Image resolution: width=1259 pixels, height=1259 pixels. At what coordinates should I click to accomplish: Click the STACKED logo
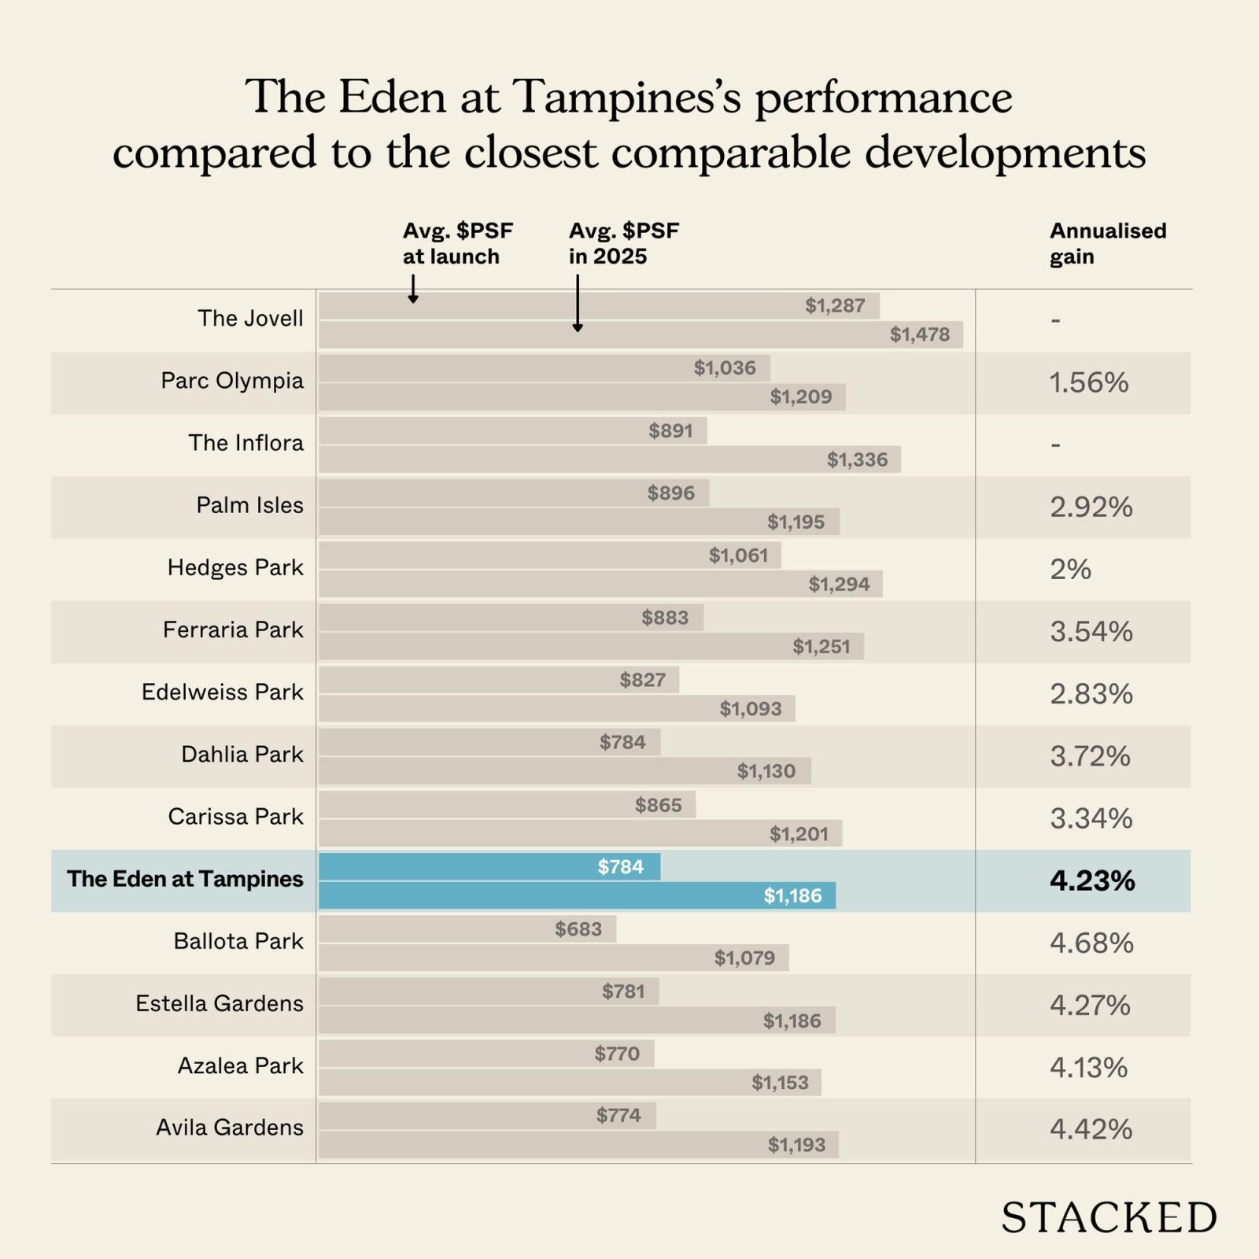[1108, 1218]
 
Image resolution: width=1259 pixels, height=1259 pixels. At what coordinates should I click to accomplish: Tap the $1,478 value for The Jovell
[919, 334]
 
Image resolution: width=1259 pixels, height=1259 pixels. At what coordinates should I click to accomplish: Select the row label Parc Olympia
[231, 381]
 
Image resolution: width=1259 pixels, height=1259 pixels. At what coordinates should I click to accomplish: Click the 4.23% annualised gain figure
[1091, 881]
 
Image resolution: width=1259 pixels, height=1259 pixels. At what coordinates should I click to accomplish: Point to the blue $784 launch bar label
[620, 867]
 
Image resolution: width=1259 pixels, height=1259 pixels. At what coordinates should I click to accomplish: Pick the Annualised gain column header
[1107, 243]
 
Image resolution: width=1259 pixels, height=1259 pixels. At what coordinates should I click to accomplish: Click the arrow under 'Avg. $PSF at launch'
[413, 289]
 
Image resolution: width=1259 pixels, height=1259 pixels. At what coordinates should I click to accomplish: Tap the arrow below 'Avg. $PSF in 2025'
[578, 304]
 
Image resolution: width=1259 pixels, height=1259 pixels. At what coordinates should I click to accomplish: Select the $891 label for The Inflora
[670, 431]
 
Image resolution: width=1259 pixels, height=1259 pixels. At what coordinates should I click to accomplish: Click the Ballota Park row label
[238, 941]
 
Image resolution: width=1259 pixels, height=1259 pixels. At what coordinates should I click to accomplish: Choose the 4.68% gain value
[1091, 943]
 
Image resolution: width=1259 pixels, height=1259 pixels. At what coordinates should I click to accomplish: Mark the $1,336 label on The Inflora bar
[857, 460]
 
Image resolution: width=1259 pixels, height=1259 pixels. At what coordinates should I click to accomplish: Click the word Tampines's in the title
[627, 98]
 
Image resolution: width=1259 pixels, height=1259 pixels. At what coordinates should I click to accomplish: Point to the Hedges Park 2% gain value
[1070, 569]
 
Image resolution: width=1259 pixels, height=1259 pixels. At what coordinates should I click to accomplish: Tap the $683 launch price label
[578, 929]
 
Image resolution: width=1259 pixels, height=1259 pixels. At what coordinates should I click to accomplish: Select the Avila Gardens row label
[229, 1128]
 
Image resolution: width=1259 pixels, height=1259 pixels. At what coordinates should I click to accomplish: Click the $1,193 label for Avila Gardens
[796, 1145]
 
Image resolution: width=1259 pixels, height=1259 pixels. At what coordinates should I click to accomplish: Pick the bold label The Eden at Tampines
[184, 879]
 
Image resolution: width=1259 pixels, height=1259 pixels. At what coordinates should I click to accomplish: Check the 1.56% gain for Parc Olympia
[1088, 383]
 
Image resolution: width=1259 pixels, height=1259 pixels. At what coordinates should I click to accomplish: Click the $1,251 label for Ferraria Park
[821, 647]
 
